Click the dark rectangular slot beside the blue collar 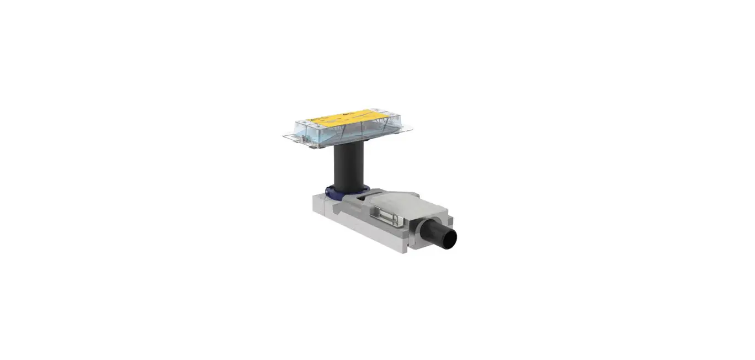click(x=361, y=194)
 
